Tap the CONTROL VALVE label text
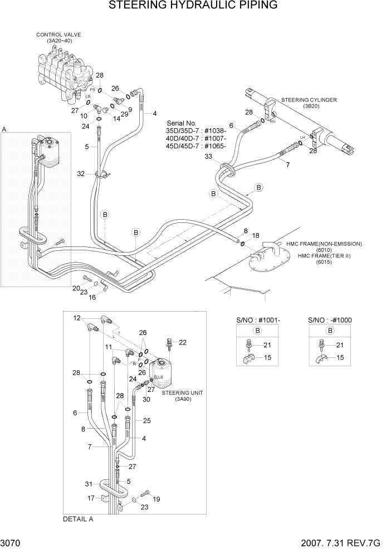(x=58, y=35)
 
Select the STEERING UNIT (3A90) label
(x=182, y=396)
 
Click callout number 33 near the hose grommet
(x=208, y=157)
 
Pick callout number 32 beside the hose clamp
(x=81, y=174)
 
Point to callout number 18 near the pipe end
(x=256, y=236)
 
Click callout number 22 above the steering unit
(x=183, y=342)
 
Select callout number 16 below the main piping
(x=92, y=297)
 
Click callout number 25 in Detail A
(x=146, y=420)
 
